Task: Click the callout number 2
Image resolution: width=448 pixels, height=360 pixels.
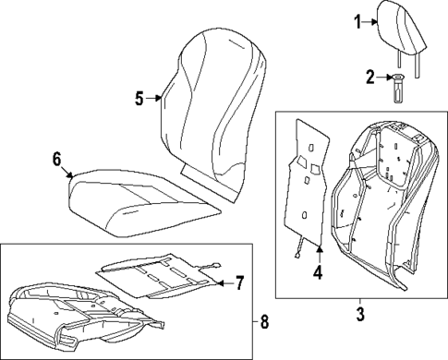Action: click(368, 78)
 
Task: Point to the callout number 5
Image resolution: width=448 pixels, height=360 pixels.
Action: click(139, 98)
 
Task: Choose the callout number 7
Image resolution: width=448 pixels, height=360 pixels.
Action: click(238, 282)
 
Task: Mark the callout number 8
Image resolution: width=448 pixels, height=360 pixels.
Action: click(265, 321)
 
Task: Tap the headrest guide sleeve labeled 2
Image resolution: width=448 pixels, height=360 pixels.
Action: click(399, 90)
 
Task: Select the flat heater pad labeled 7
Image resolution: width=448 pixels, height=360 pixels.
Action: click(157, 275)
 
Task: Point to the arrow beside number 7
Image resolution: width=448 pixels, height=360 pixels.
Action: click(220, 282)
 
